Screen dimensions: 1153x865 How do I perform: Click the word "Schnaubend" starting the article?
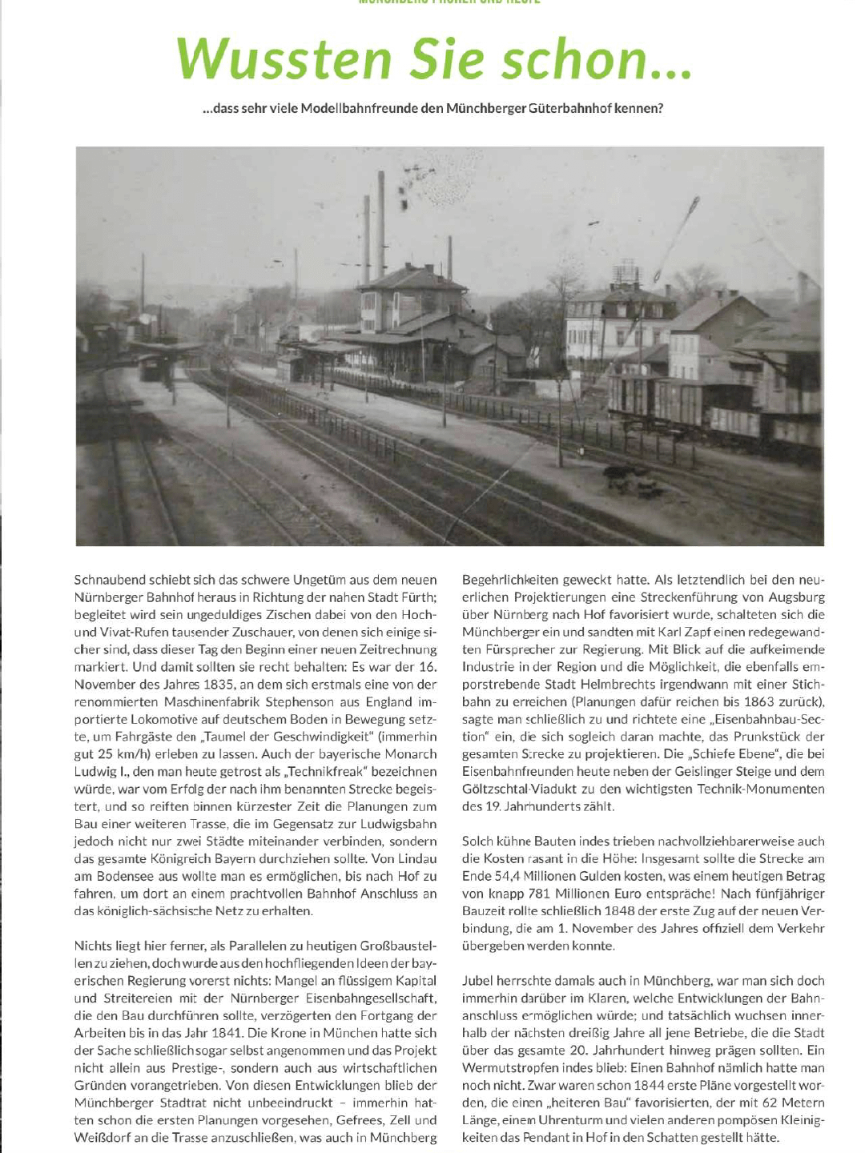point(114,580)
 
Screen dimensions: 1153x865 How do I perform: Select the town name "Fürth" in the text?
point(417,597)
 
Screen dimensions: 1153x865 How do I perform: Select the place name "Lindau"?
point(417,858)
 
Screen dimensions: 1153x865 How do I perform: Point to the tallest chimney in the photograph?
point(380,216)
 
